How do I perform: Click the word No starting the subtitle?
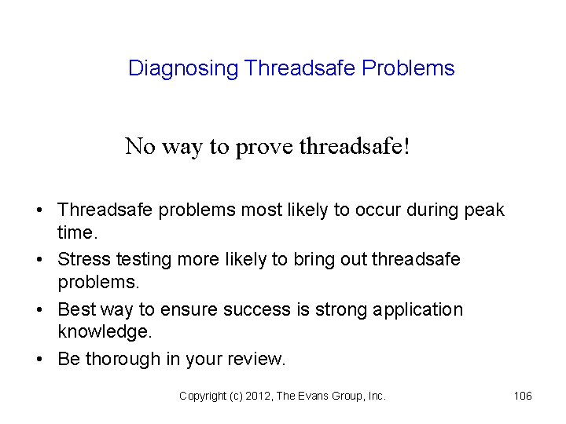pyautogui.click(x=141, y=146)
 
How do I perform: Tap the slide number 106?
pyautogui.click(x=523, y=397)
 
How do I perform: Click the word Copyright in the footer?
pyautogui.click(x=202, y=397)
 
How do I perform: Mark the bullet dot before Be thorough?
pyautogui.click(x=39, y=360)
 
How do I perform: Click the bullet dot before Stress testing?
pyautogui.click(x=39, y=260)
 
